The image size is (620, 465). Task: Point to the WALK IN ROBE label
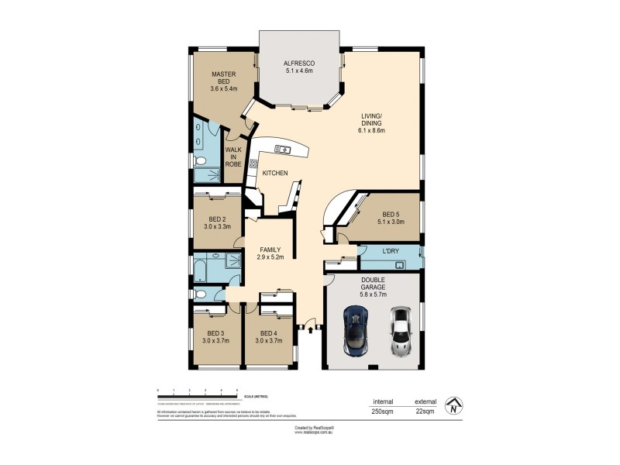[233, 157]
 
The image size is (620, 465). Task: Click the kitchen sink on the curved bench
[281, 149]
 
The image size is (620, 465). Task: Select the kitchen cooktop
[253, 165]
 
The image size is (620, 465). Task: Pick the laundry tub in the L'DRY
[400, 264]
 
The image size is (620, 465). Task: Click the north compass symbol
[453, 405]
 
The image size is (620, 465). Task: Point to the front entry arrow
[310, 330]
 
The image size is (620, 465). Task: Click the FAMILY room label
[270, 249]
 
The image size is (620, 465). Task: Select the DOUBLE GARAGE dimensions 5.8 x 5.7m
[374, 294]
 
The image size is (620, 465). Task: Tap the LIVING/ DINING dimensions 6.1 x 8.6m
[373, 131]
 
